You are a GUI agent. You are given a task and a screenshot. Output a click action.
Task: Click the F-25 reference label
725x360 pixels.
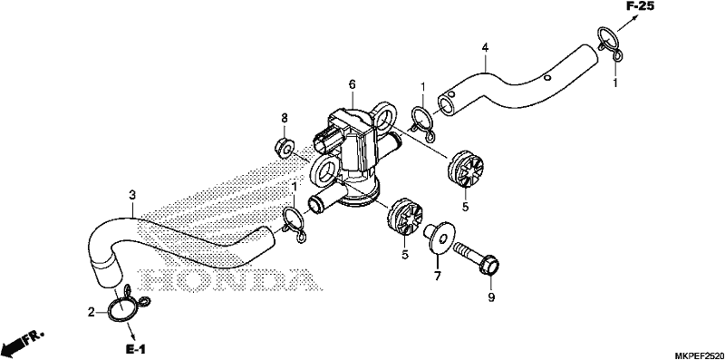point(641,6)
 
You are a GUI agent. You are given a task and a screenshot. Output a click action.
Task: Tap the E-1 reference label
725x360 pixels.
point(137,348)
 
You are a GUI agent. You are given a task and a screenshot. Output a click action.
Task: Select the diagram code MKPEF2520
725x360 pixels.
point(698,355)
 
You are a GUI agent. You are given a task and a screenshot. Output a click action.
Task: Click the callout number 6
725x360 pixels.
point(353,84)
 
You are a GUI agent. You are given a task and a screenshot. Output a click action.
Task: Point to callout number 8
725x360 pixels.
point(285,117)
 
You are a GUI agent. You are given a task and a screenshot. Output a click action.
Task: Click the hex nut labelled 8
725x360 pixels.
point(283,148)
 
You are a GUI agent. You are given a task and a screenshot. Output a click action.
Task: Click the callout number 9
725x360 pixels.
point(491,297)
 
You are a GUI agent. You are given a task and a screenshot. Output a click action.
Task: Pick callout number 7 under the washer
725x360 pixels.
point(438,277)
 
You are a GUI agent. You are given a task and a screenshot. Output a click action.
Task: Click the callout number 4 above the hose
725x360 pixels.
point(485,47)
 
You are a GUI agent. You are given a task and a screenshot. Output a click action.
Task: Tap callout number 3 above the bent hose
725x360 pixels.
point(132,195)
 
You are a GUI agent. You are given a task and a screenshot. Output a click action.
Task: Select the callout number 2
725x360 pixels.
point(92,311)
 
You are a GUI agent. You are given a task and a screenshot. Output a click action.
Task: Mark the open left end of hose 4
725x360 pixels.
point(447,105)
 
